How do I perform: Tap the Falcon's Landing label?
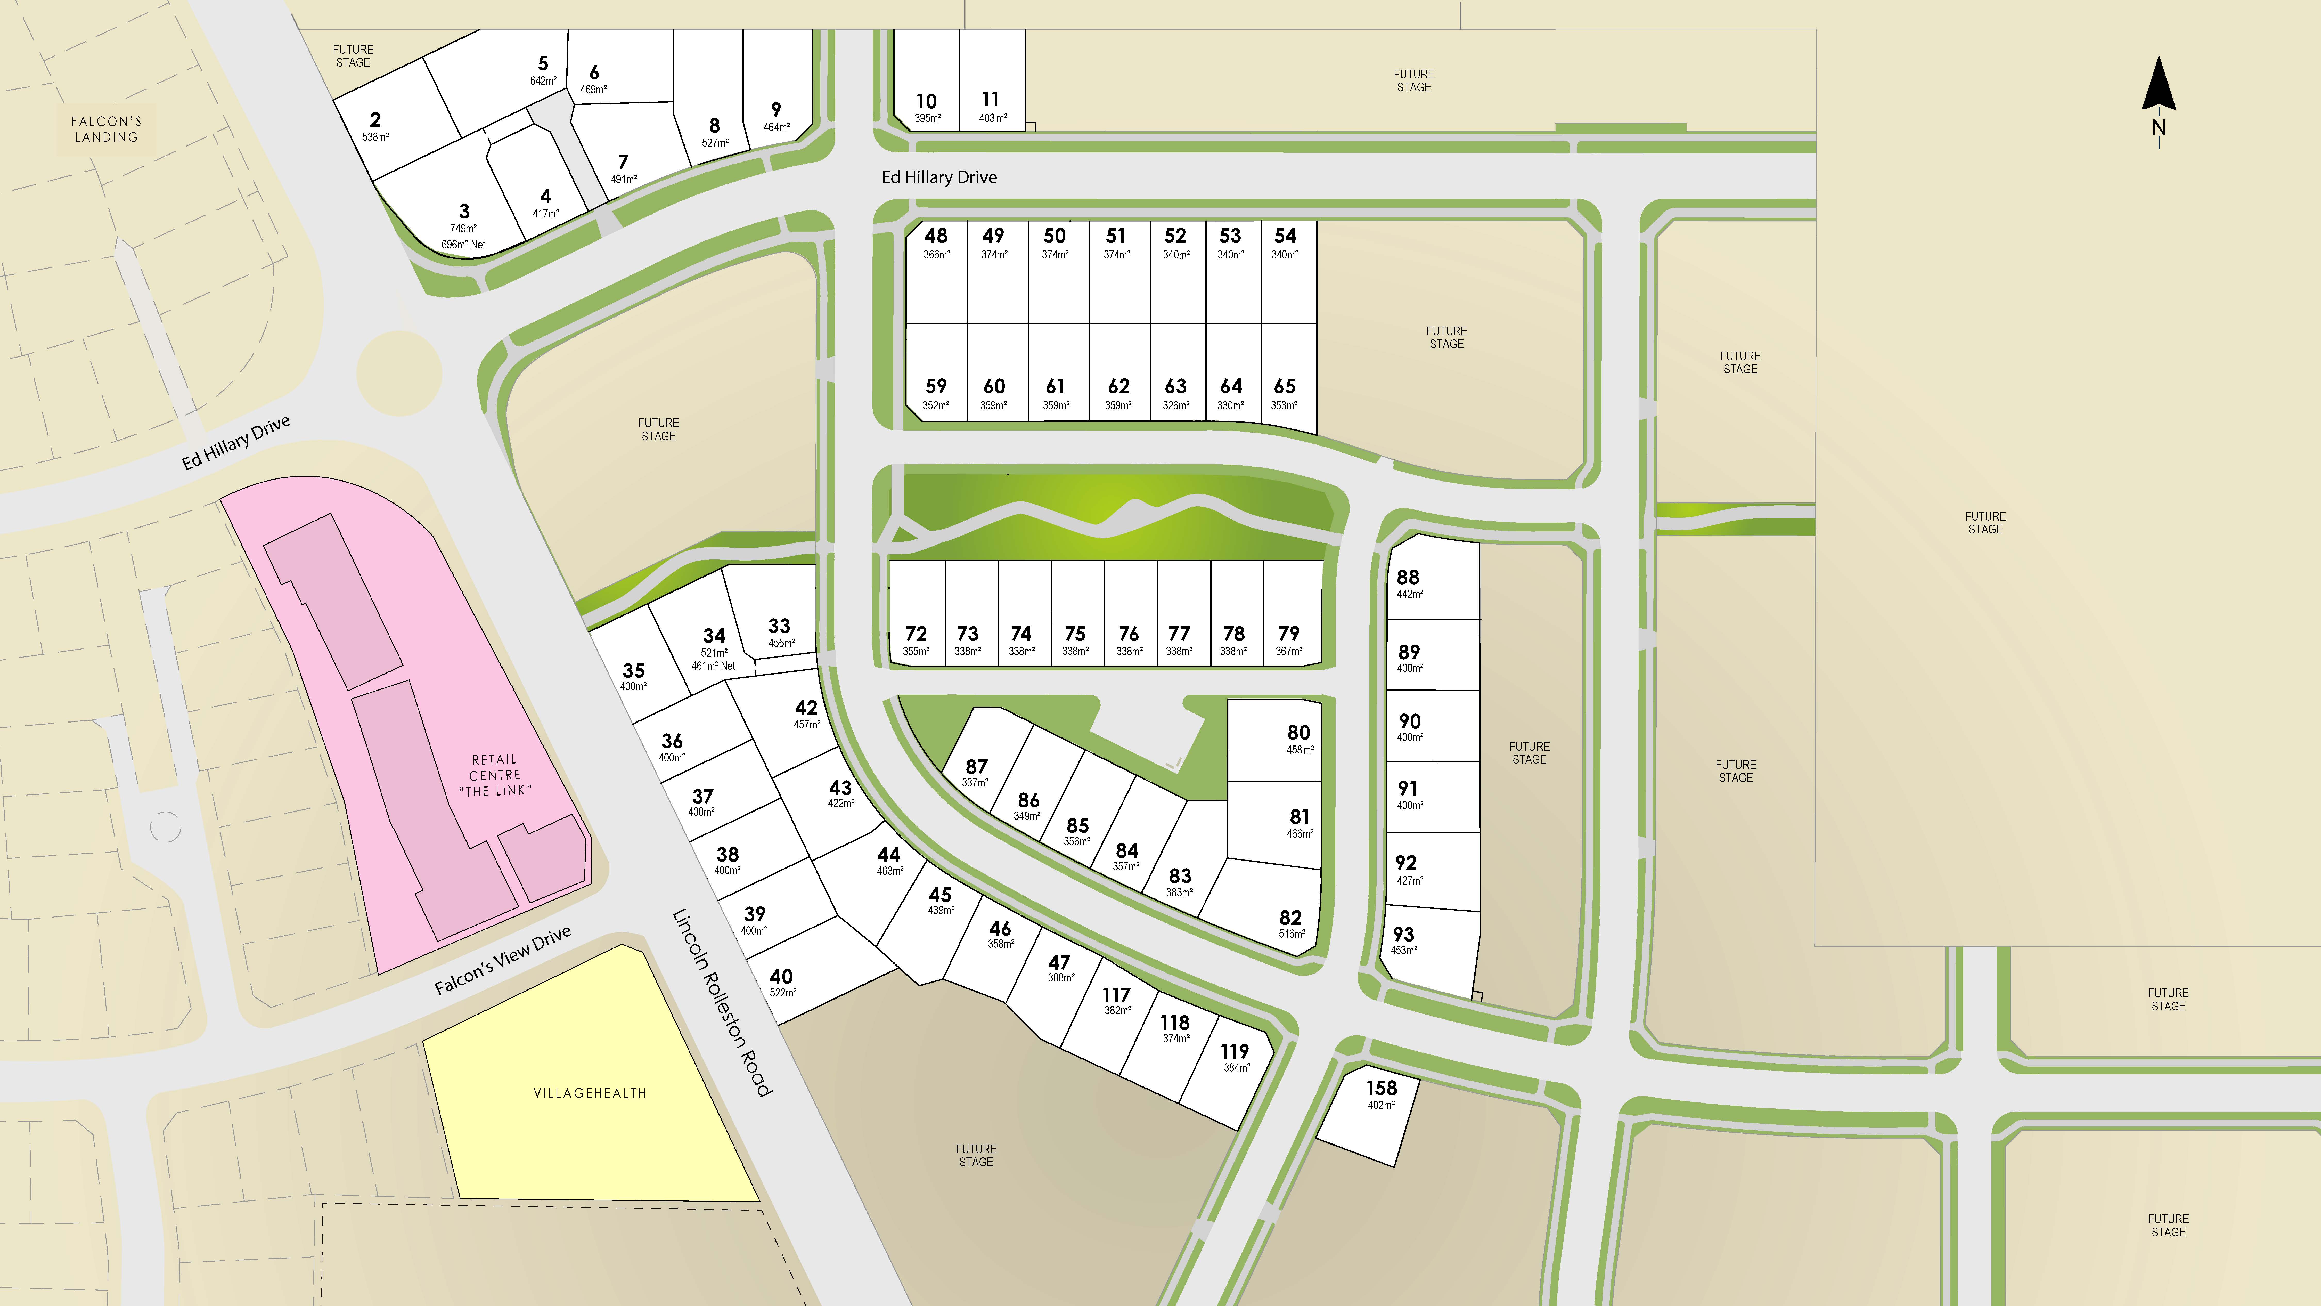click(x=106, y=129)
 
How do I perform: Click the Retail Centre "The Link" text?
click(x=495, y=775)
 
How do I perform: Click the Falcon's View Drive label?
click(x=503, y=960)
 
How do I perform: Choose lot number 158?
click(x=1380, y=1088)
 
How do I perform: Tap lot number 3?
click(x=464, y=211)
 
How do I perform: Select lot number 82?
click(x=1290, y=918)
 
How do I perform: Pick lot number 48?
click(x=936, y=235)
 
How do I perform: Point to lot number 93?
click(x=1403, y=935)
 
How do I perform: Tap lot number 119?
click(x=1234, y=1051)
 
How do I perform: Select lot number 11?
click(x=990, y=99)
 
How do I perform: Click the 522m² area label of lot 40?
click(x=783, y=992)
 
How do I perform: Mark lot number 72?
click(x=916, y=634)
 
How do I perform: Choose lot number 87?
click(x=976, y=766)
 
